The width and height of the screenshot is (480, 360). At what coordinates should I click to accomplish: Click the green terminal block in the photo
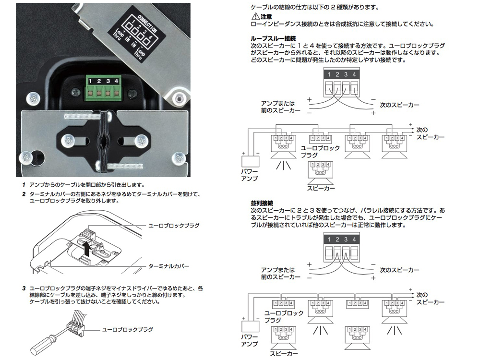click(103, 89)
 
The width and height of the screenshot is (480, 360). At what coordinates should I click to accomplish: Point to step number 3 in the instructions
click(24, 288)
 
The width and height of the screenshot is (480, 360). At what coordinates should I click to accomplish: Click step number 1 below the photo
click(24, 184)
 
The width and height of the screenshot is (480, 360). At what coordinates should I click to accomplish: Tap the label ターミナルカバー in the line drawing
click(169, 265)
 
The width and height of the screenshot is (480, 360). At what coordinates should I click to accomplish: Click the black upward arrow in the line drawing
click(86, 249)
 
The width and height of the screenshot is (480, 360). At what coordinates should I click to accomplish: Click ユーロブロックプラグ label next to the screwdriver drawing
click(128, 329)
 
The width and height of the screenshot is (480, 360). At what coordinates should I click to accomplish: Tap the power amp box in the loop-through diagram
click(250, 163)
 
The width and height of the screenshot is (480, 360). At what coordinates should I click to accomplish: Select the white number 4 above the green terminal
click(116, 81)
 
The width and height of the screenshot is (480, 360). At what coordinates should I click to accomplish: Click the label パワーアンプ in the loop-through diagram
click(249, 175)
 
